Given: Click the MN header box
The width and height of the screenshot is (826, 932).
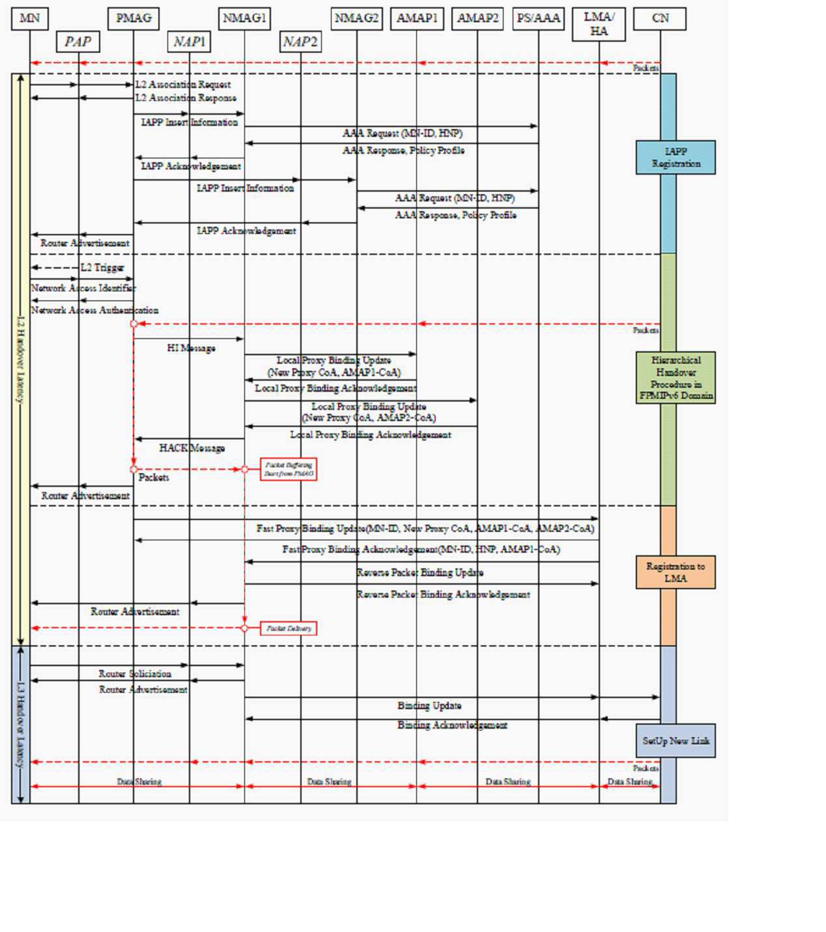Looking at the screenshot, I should coord(30,19).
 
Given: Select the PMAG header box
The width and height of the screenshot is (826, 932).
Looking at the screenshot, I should coord(134,19).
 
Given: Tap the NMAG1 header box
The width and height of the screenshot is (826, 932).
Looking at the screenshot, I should coord(244,19).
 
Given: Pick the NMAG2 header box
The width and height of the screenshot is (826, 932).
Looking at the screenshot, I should coord(356,19).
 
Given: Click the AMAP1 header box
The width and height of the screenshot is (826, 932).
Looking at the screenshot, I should coord(417,19).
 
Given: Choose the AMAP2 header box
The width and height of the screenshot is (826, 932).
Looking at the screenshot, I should coord(477,19).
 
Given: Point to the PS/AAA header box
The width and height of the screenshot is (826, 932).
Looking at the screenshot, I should coord(538,19).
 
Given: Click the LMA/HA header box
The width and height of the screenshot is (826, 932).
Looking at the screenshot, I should coord(599,25).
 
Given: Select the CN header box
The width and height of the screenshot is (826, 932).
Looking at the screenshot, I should coord(660,19).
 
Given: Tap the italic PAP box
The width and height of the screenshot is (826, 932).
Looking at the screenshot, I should coord(78,42).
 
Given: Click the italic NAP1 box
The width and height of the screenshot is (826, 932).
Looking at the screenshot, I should coord(189,42).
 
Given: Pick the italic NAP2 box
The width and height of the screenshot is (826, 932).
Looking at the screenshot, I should coord(300,42).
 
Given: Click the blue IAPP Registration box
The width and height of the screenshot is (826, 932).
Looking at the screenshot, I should coord(676,158).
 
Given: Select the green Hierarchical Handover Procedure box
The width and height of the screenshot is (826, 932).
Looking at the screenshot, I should coord(676,378).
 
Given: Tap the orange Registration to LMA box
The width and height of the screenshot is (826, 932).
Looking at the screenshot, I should coord(676,572).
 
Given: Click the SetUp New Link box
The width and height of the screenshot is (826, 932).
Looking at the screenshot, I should coord(676,741).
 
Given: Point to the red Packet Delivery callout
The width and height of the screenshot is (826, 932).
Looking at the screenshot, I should coord(289,628).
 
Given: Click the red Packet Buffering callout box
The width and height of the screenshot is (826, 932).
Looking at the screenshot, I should coord(289,469).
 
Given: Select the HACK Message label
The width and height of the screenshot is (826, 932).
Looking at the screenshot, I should coord(192,448).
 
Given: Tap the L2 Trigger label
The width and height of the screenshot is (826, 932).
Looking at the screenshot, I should coord(102,268).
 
